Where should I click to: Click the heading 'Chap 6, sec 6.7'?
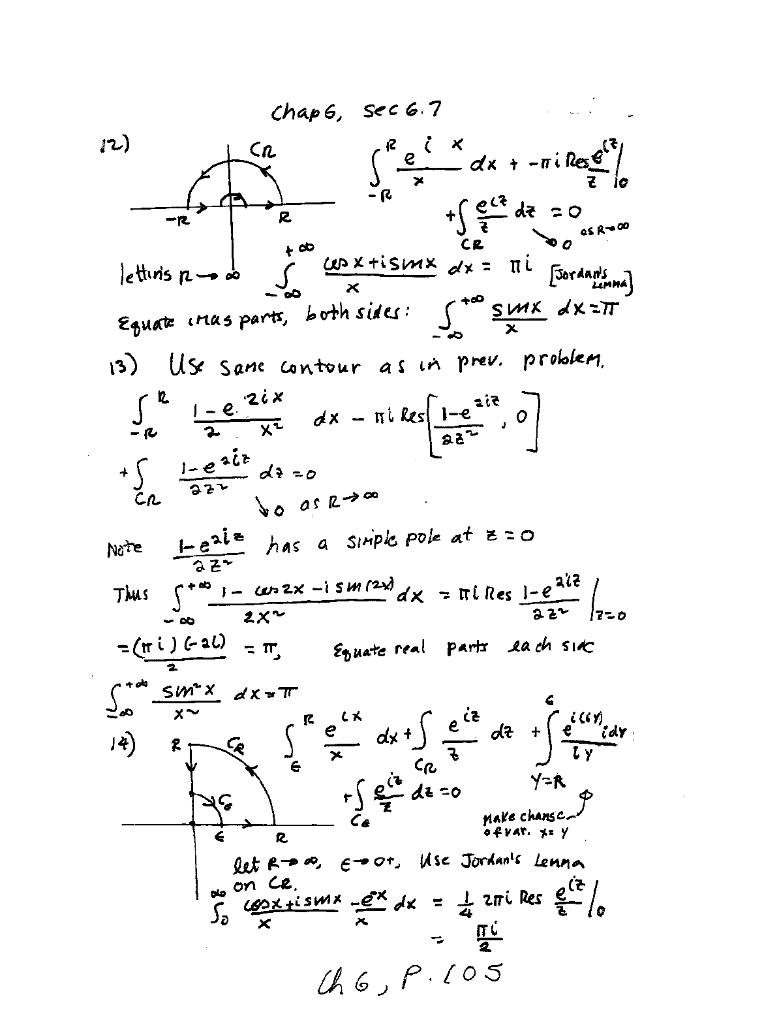point(356,112)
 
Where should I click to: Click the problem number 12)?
point(111,145)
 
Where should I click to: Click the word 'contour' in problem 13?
point(320,367)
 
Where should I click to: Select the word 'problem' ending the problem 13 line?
point(563,363)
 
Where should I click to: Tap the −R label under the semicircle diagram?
point(176,219)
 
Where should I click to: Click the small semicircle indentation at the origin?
point(232,200)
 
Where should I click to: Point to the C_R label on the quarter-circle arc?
point(236,744)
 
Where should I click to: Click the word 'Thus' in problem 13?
point(132,594)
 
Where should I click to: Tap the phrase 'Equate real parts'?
point(388,649)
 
